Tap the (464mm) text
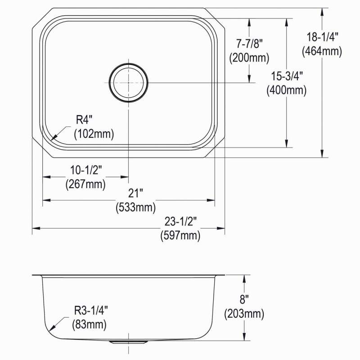[x=322, y=51]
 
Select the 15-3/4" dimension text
[x=287, y=76]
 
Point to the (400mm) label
[x=287, y=90]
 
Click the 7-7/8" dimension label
[x=250, y=43]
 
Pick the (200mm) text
[x=249, y=58]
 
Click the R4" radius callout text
[x=84, y=120]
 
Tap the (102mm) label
[x=94, y=134]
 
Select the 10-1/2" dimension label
[x=86, y=170]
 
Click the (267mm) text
[x=85, y=184]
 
